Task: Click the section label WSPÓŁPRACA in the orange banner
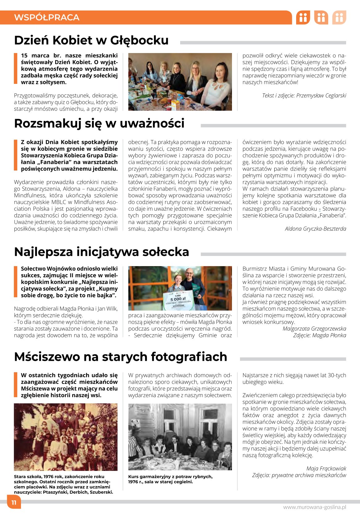[x=47, y=17]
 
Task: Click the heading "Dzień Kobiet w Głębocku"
[x=91, y=40]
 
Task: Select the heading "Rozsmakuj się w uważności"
[x=99, y=123]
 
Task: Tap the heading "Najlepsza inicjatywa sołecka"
[x=101, y=252]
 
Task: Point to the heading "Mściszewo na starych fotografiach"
[x=121, y=357]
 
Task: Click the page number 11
[x=14, y=502]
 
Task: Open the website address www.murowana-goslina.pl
[x=314, y=507]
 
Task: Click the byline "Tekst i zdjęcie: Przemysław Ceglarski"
[x=304, y=96]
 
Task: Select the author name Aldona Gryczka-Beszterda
[x=315, y=229]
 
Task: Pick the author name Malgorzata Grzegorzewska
[x=314, y=329]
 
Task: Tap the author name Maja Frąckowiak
[x=326, y=468]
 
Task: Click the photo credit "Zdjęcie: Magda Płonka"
[x=320, y=336]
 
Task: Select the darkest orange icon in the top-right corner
[x=303, y=18]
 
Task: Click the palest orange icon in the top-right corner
[x=339, y=18]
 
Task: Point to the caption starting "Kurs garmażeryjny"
[x=170, y=479]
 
